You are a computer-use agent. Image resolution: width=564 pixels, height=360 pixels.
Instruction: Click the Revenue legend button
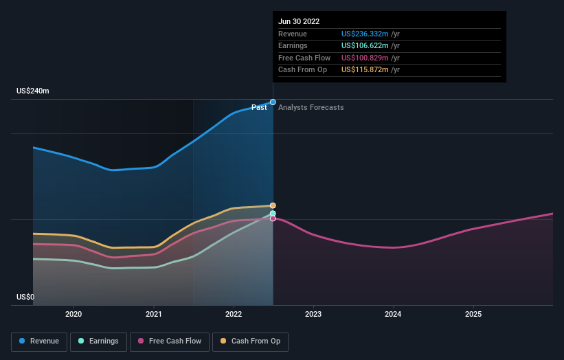point(39,341)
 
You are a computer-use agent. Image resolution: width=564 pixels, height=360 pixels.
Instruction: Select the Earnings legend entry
point(98,341)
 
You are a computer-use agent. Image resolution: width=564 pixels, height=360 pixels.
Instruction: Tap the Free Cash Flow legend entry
point(169,341)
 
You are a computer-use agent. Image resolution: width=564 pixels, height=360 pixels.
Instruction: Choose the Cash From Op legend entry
point(250,341)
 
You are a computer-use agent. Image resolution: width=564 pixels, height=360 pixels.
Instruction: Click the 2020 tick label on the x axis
point(74,314)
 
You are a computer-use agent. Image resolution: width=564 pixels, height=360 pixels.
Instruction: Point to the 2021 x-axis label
point(154,314)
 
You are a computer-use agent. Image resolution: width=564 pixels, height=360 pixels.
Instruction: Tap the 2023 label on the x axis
point(313,314)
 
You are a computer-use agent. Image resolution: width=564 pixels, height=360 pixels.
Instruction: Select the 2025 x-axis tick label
point(473,314)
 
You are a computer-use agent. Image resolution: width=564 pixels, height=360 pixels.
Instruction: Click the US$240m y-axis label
point(33,91)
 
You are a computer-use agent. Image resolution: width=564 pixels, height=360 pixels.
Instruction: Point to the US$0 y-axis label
point(26,297)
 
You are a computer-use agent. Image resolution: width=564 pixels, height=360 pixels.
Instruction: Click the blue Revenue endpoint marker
point(273,102)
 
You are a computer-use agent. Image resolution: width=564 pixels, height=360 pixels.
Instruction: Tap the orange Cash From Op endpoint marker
point(273,205)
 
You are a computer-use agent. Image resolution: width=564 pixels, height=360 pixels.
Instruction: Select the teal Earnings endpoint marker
point(273,214)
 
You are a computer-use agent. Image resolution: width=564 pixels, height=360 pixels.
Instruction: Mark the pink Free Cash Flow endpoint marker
point(273,218)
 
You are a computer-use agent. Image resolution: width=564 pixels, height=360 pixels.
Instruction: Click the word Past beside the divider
point(259,107)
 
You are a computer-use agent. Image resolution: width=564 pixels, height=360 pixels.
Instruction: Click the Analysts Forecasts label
point(311,107)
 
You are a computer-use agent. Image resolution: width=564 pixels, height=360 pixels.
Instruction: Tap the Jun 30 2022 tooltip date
point(299,21)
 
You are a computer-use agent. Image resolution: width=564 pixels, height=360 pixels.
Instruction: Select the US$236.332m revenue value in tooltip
point(365,34)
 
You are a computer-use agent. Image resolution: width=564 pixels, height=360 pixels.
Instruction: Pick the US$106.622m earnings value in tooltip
point(365,46)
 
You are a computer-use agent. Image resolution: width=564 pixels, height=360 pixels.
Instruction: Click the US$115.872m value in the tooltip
point(365,69)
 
